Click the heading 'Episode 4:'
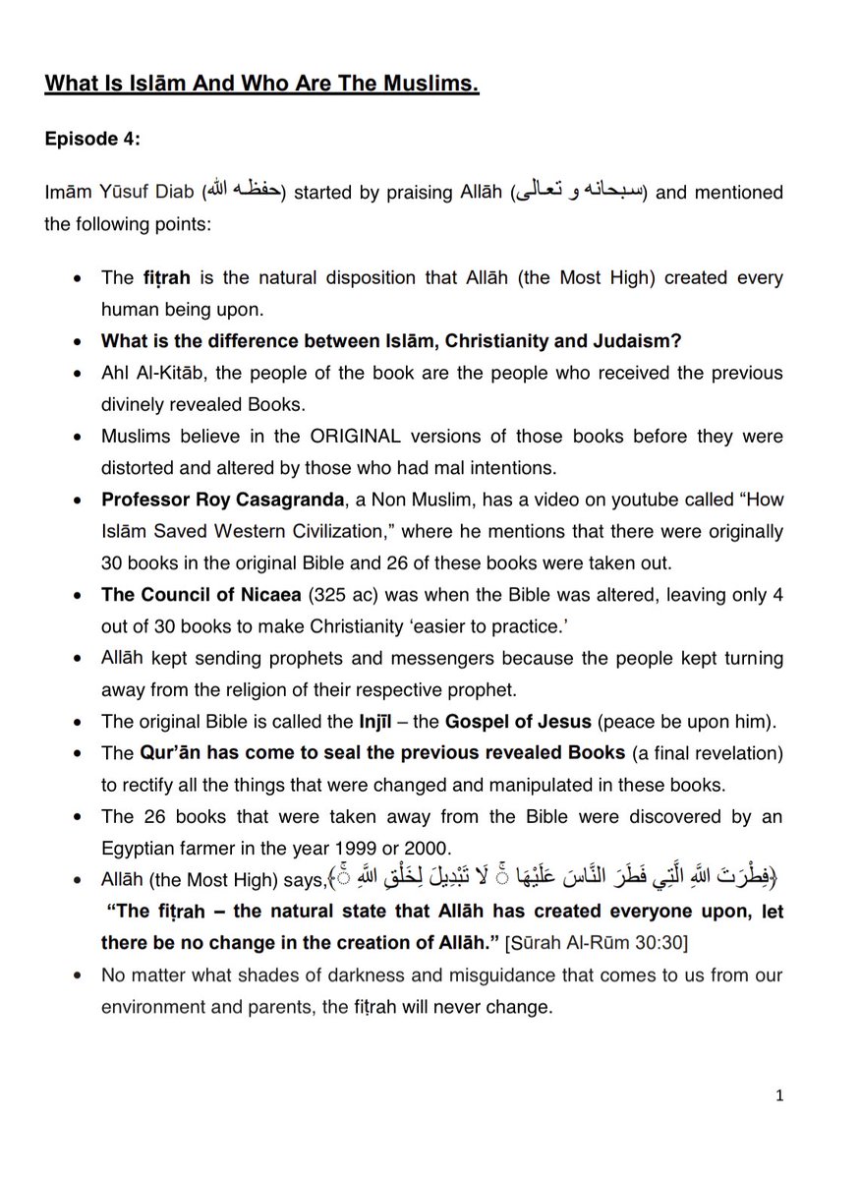coord(92,139)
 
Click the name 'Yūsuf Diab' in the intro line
coord(144,192)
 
